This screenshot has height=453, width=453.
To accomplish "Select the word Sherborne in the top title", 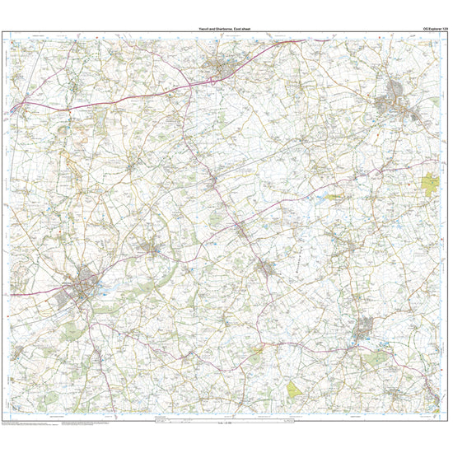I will point(223,29).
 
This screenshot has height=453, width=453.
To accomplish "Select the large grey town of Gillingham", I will point(394,103).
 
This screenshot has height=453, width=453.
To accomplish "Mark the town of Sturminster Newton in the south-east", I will point(363,331).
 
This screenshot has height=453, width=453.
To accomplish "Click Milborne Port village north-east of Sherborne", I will point(151,246).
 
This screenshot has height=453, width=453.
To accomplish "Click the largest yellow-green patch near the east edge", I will point(431,183).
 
